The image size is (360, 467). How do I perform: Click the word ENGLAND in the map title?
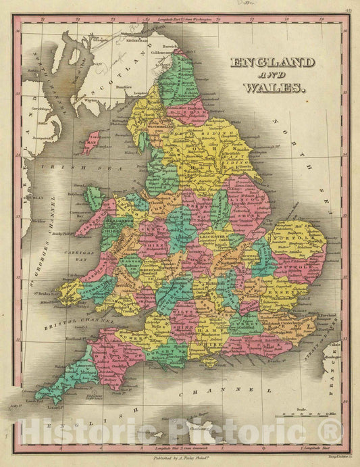tap(272, 63)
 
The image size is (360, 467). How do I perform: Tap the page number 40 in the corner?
tap(347, 9)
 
